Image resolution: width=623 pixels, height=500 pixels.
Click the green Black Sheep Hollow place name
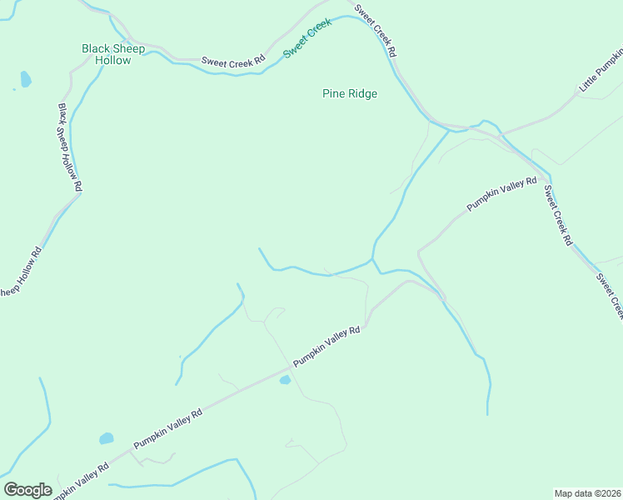(113, 54)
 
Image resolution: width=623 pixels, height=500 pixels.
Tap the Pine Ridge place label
(350, 93)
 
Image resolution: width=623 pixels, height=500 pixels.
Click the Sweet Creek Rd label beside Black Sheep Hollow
(233, 61)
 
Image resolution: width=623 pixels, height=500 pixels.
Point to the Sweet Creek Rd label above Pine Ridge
(376, 31)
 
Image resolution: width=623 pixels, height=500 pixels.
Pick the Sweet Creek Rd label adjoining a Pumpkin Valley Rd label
(557, 214)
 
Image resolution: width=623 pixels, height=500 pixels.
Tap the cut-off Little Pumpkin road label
(601, 70)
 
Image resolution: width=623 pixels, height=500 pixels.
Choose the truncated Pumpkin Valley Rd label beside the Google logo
(81, 481)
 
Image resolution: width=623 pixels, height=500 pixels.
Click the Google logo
(27, 490)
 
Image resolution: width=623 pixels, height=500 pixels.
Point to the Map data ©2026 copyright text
(587, 492)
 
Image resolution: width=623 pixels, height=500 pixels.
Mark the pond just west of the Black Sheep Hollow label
(25, 80)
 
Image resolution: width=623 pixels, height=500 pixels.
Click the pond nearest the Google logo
(106, 438)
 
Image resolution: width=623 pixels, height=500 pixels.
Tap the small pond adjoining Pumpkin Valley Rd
(285, 380)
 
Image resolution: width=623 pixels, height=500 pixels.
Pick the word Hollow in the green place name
(113, 60)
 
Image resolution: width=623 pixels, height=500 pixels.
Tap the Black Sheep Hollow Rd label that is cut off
(20, 271)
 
